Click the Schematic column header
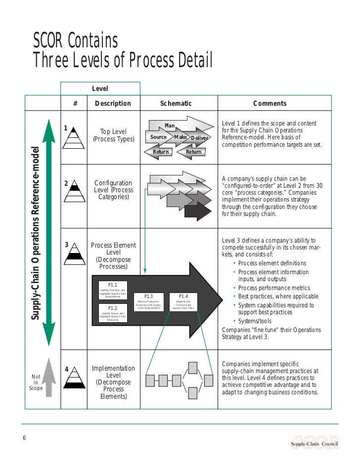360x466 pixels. click(x=176, y=103)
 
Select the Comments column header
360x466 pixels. click(x=270, y=103)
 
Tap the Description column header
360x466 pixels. click(x=113, y=103)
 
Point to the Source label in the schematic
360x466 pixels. click(x=158, y=137)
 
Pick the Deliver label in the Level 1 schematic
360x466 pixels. click(x=200, y=138)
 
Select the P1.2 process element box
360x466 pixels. click(x=112, y=313)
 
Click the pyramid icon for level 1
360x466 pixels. click(x=73, y=136)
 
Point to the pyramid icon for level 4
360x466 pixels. click(x=74, y=378)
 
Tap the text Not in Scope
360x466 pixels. click(x=36, y=382)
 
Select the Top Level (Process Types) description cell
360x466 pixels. click(x=114, y=135)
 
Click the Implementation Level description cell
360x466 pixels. click(x=113, y=382)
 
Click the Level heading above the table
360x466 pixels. click(x=100, y=88)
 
